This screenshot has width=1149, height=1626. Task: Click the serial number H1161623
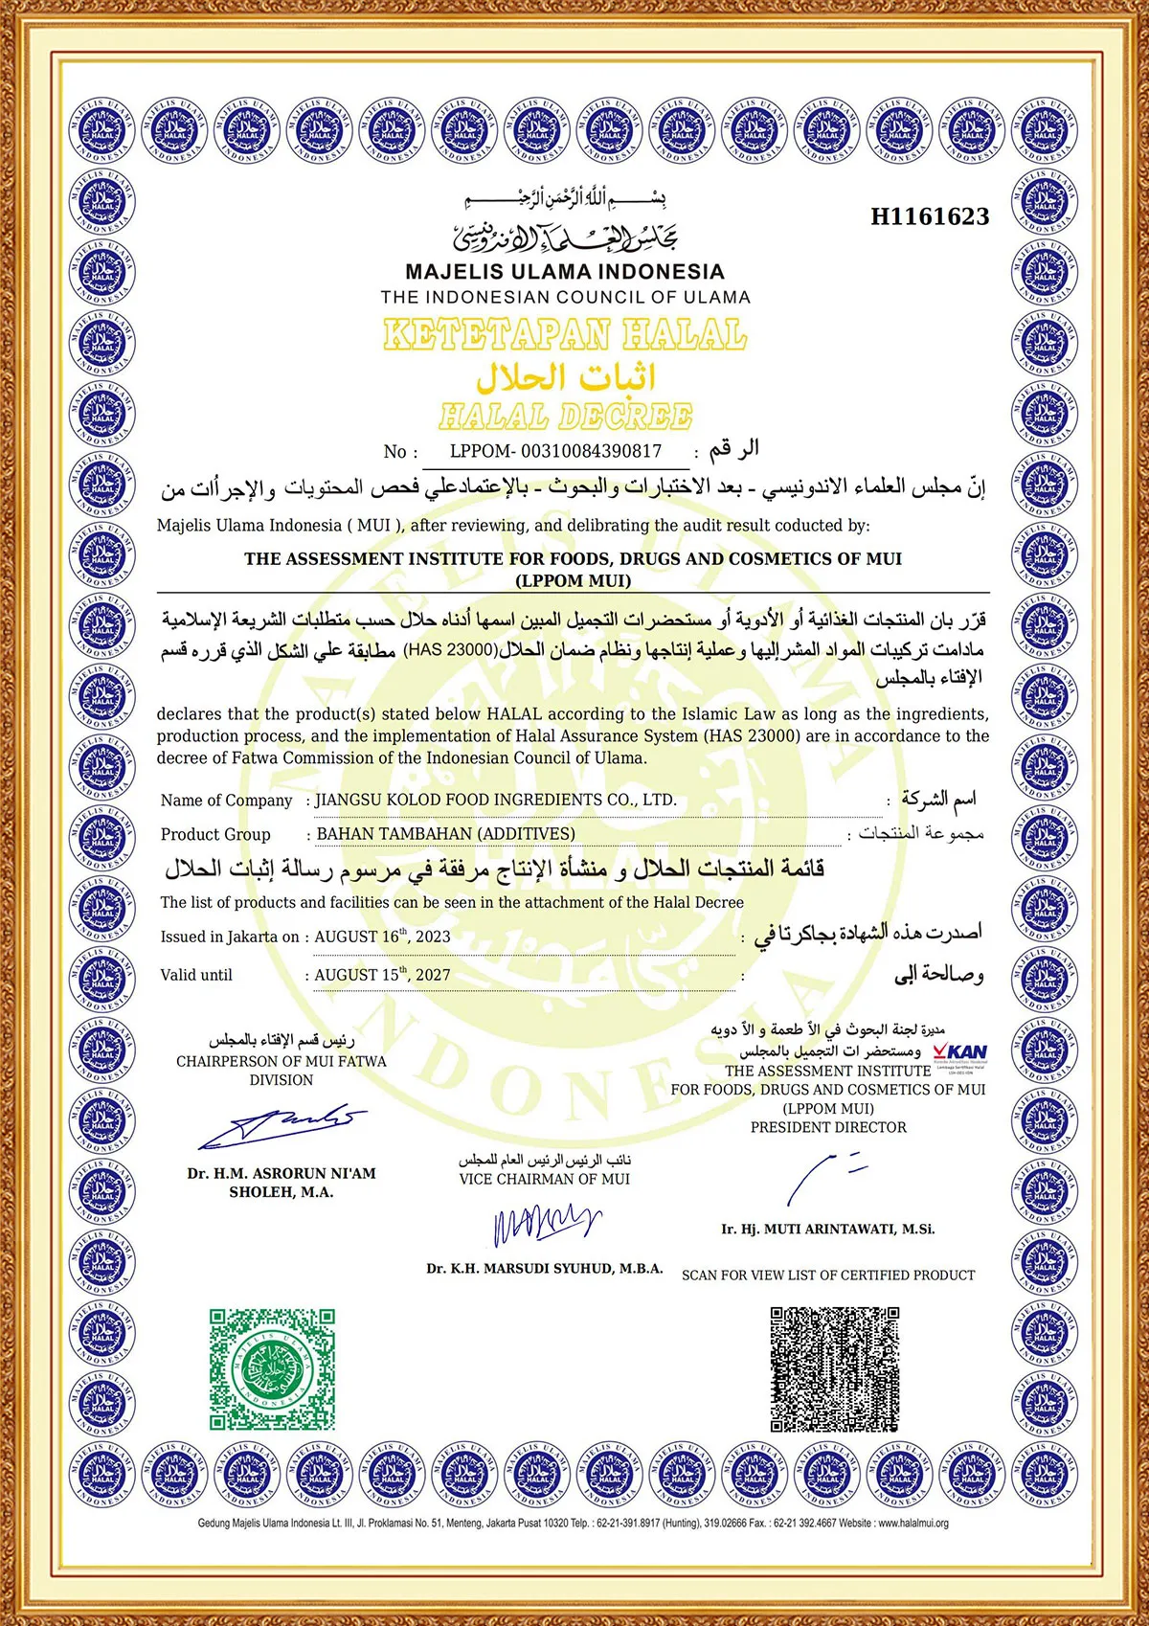929,217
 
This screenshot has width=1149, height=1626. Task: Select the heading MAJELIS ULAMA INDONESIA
565,272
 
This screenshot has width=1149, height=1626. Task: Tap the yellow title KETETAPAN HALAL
565,335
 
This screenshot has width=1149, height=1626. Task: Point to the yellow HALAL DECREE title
565,417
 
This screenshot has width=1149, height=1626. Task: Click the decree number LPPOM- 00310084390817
555,451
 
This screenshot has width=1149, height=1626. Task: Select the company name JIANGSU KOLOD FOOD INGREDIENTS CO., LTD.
496,800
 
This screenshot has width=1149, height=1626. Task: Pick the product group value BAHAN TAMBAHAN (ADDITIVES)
445,834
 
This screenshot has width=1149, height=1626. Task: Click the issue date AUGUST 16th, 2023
382,937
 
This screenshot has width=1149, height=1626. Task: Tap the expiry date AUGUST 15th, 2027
382,975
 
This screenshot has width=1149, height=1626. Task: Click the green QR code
273,1368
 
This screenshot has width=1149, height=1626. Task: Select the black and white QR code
835,1368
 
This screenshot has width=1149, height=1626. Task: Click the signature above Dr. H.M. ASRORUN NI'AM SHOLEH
282,1127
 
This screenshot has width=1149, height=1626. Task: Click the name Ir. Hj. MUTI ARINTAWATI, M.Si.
828,1229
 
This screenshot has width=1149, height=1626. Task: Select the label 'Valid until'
196,975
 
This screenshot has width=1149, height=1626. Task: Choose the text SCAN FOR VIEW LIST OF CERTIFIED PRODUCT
828,1276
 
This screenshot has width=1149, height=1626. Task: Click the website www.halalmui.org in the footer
912,1524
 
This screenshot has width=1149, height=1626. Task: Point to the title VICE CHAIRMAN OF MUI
545,1180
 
